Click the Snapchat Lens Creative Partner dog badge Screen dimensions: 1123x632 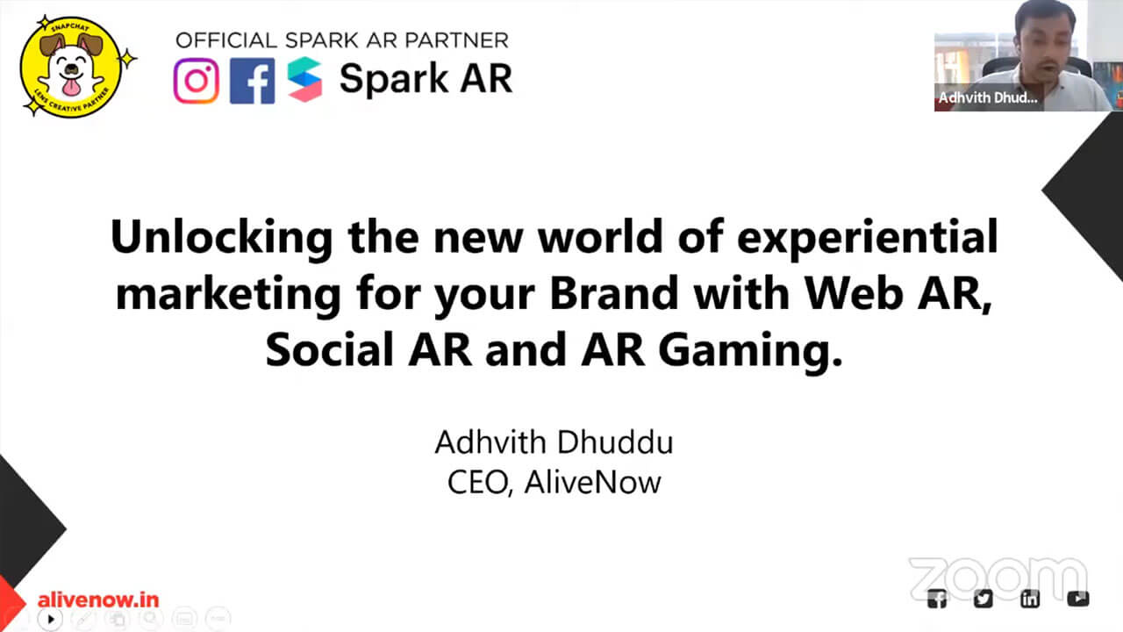(76, 67)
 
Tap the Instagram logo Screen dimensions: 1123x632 (196, 81)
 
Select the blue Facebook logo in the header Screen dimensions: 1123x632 (252, 81)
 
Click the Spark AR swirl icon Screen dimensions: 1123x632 (304, 79)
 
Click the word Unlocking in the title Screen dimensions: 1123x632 (222, 238)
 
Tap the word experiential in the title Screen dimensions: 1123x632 (868, 238)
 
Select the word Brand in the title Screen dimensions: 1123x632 (614, 293)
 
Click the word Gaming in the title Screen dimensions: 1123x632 (750, 350)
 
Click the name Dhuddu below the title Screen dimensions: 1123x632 (615, 442)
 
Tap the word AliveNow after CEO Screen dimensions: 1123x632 (592, 483)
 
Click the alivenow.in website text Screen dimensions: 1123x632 (98, 600)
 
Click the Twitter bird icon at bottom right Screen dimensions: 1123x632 (984, 599)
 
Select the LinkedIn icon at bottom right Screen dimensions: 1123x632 (1030, 599)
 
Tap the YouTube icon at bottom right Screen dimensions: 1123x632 (1078, 599)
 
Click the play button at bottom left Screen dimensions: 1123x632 (50, 620)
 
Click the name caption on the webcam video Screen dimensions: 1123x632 (988, 97)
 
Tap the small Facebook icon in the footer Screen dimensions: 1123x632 (937, 599)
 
